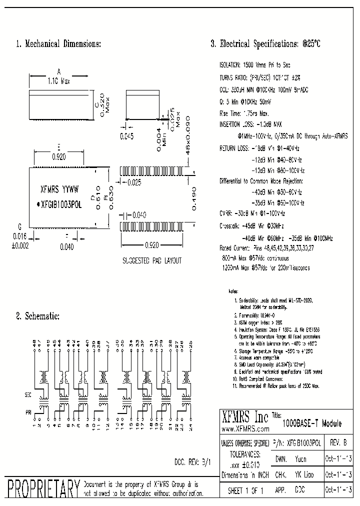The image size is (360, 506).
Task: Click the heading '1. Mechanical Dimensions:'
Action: [x=58, y=44]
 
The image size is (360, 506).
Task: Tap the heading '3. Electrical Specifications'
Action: [x=265, y=44]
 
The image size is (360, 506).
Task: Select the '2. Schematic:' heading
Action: [x=38, y=316]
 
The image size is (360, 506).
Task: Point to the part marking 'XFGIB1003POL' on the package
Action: [x=60, y=204]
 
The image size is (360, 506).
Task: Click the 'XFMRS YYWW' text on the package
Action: [x=58, y=190]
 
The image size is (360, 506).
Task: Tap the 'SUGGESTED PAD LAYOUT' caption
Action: [x=152, y=261]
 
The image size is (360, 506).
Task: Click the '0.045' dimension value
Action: [x=127, y=135]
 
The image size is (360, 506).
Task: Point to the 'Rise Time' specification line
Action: [x=245, y=113]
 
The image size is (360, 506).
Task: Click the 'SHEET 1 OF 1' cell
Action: [x=245, y=491]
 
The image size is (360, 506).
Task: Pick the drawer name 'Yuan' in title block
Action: [x=300, y=459]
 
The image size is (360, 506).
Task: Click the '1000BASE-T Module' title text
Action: [x=312, y=423]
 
